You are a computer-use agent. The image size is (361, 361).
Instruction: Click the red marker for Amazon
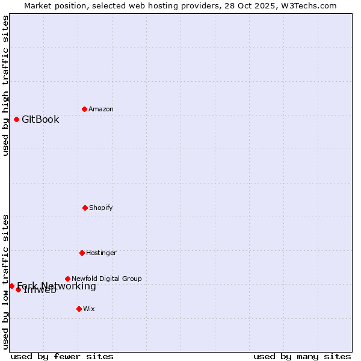tap(84, 109)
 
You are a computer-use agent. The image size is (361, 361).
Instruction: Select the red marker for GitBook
tap(16, 119)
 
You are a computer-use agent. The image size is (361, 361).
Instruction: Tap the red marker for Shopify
tap(85, 208)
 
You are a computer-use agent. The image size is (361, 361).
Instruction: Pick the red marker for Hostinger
tap(82, 253)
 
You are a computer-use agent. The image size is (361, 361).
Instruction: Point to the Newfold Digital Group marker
tap(67, 279)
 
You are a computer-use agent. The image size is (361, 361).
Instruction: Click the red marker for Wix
tap(79, 309)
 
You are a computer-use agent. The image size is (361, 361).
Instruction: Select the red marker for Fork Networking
tap(11, 286)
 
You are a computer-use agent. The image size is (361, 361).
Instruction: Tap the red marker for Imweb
tap(18, 289)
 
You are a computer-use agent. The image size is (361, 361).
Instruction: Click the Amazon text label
tap(101, 109)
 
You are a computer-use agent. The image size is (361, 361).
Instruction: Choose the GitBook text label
tap(40, 119)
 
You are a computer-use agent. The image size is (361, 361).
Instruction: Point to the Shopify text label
tap(101, 208)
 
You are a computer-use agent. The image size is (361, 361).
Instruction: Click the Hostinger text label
tap(101, 253)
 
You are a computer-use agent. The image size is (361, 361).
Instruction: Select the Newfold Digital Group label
tap(106, 279)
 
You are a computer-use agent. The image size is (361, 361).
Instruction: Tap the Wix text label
tap(89, 309)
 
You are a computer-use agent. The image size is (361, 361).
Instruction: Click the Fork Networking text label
tap(57, 286)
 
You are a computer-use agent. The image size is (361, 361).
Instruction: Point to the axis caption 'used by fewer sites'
tap(62, 356)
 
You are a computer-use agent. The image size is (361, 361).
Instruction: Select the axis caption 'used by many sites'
tap(302, 356)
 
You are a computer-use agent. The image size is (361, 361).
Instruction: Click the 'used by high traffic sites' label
tap(5, 85)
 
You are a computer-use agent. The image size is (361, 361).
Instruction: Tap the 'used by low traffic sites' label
tap(5, 281)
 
